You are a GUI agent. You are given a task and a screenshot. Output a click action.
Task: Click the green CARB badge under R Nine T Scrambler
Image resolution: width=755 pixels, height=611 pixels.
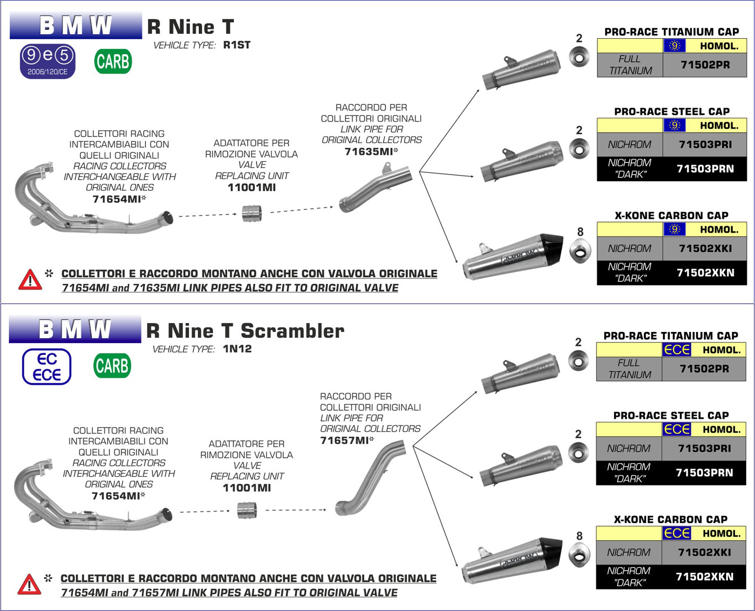pos(112,366)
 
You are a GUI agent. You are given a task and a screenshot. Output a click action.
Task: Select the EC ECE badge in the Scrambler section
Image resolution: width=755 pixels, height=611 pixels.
pos(47,367)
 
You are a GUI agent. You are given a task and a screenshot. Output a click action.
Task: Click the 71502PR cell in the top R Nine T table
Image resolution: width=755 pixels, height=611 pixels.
pos(705,65)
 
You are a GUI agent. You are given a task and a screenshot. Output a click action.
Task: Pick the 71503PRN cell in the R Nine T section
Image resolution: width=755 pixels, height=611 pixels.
pos(705,168)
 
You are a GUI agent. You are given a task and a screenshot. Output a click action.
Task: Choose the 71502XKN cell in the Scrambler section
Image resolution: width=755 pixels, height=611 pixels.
pos(704,577)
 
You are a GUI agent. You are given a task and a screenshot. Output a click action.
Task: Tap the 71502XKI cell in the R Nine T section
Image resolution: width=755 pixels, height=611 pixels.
pos(705,249)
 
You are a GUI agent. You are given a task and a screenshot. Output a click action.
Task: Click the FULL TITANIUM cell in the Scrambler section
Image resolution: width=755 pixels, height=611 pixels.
pos(630,368)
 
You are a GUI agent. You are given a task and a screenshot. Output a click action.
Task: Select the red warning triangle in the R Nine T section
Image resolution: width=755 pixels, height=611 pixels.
pos(30,280)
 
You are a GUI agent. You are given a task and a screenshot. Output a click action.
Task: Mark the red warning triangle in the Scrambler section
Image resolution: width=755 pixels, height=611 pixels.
pos(29,584)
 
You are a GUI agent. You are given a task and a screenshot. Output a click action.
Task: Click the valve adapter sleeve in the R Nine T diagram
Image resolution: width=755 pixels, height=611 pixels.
pos(252,213)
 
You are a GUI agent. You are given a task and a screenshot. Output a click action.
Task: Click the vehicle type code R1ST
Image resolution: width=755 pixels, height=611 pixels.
pos(237,45)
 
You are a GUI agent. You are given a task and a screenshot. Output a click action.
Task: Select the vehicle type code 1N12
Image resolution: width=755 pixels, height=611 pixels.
pos(237,349)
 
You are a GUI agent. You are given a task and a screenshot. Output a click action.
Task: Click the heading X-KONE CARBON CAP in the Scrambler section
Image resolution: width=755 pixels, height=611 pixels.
pos(670,519)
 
